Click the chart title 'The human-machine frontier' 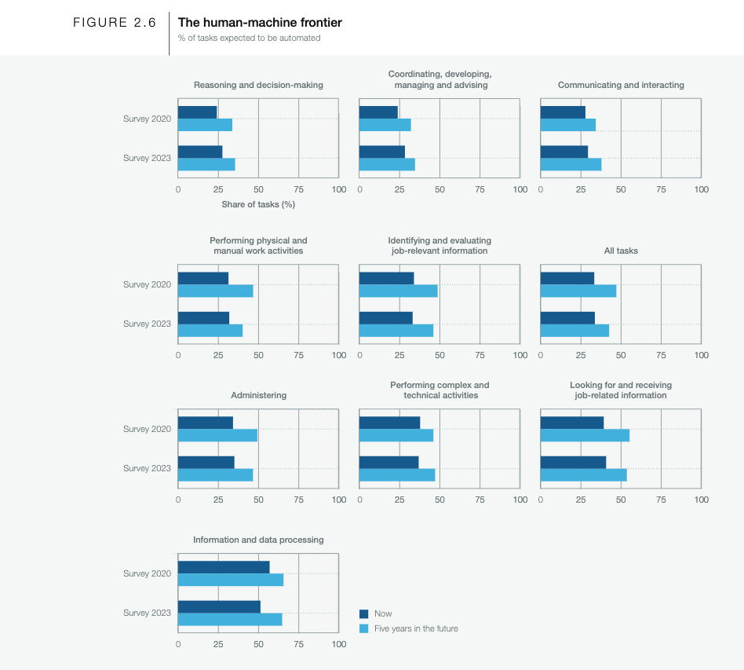260,23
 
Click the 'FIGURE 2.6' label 115,23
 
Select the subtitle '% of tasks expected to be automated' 249,38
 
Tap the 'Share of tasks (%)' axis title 258,204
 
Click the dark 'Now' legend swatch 363,613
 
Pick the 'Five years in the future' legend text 416,628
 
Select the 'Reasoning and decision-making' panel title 258,85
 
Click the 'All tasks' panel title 621,251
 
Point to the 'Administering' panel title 258,395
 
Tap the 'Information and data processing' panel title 258,540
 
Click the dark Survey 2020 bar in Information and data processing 224,567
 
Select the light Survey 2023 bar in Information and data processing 230,620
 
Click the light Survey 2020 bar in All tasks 578,291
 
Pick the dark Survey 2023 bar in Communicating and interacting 564,152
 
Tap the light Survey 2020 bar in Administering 217,435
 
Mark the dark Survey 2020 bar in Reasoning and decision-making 197,112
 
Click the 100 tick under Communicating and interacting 701,189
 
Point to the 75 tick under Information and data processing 298,644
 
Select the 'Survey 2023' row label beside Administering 147,468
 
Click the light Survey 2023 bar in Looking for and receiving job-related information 583,474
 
